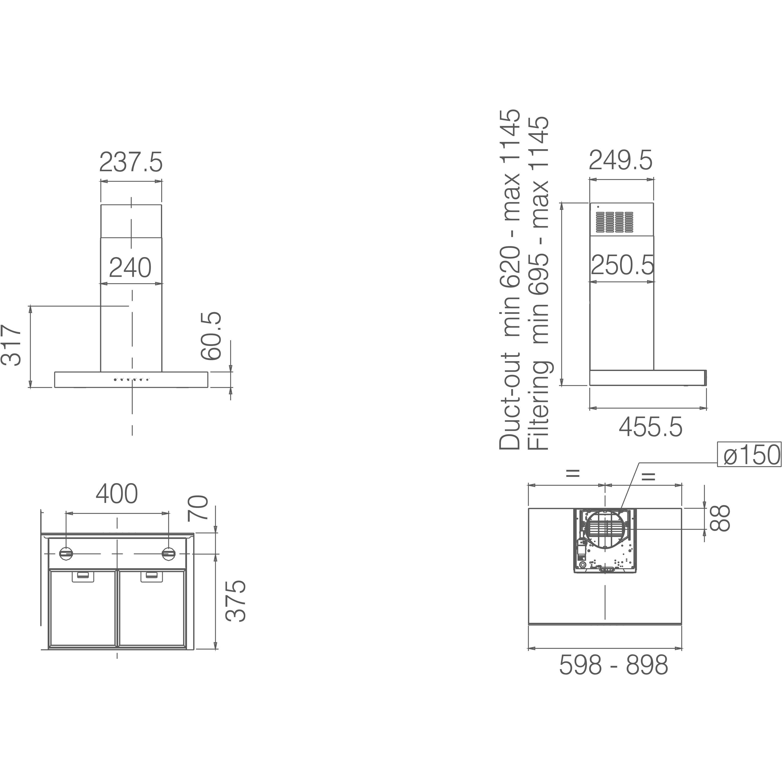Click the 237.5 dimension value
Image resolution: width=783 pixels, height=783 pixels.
pyautogui.click(x=131, y=162)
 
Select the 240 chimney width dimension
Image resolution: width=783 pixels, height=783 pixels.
pyautogui.click(x=130, y=268)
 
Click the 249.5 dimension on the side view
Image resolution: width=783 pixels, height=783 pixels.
pyautogui.click(x=621, y=160)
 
